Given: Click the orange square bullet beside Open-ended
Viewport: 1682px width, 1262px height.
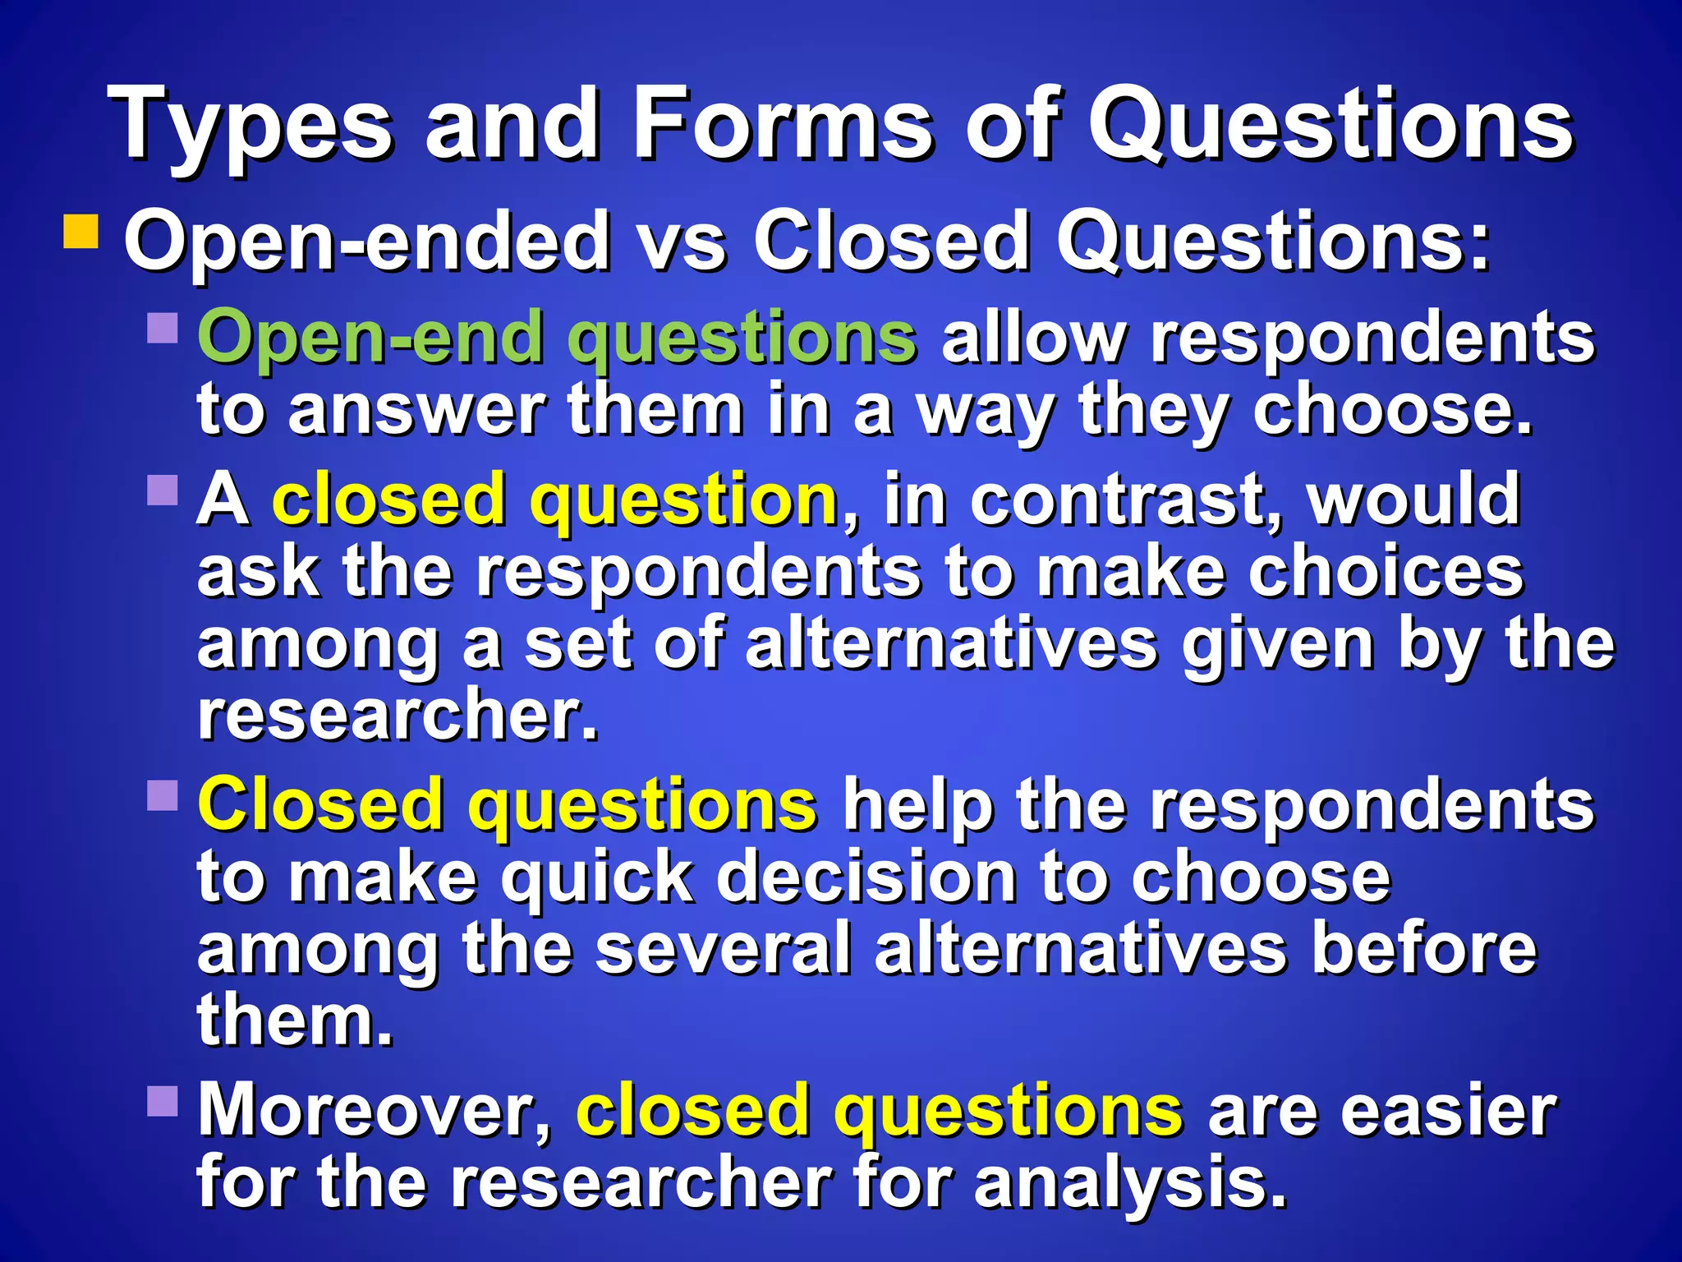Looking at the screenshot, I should pos(81,232).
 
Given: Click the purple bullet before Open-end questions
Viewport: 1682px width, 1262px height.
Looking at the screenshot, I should pos(163,328).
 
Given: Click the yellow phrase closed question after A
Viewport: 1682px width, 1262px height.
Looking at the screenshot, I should pos(554,500).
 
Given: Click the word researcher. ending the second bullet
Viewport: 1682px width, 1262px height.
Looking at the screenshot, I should pos(398,715).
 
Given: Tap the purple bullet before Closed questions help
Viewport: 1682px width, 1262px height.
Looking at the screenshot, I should pos(163,795).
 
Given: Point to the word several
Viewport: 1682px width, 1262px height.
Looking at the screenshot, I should pos(723,949).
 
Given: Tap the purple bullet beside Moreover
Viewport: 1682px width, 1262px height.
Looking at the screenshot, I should pos(163,1101).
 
